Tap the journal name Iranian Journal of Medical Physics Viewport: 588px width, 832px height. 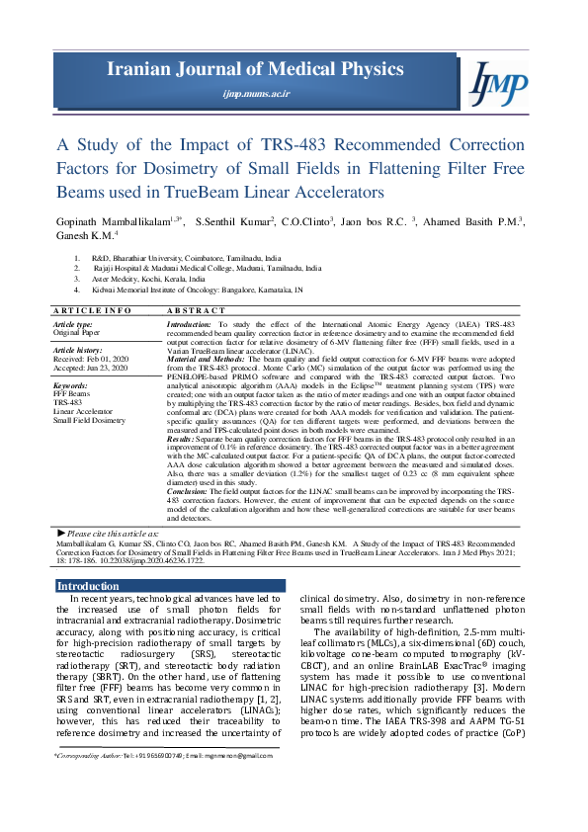[x=256, y=69]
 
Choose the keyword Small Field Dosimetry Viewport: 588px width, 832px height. [x=89, y=420]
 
